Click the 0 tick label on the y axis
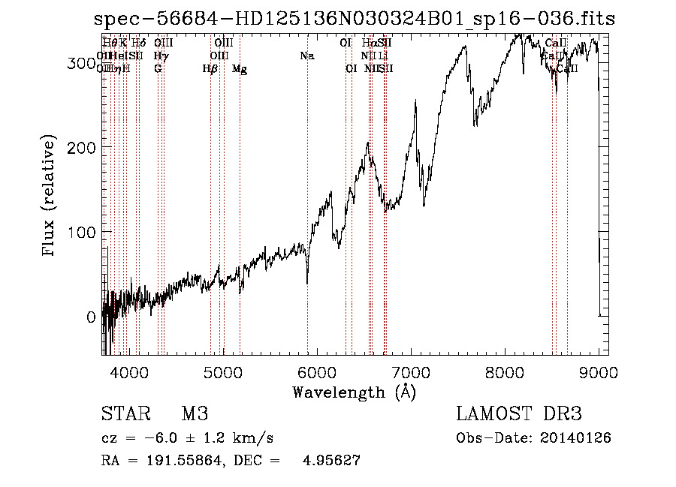(x=92, y=317)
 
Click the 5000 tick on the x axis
(x=222, y=371)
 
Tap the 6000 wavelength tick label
(x=317, y=371)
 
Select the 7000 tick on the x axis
(x=411, y=371)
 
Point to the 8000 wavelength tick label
(x=505, y=371)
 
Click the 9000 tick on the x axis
(x=599, y=371)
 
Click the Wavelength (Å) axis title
(x=354, y=392)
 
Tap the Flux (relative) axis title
(x=50, y=196)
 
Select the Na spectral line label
(x=306, y=56)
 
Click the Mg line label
(x=240, y=69)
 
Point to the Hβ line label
(x=210, y=69)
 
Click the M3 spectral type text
(x=195, y=414)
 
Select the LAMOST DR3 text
(x=518, y=414)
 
